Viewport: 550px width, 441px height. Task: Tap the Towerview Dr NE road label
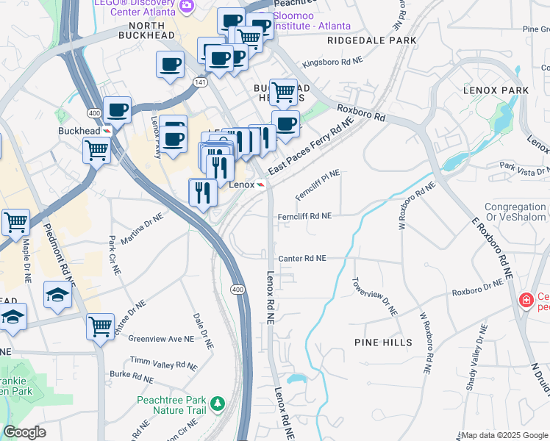(x=375, y=296)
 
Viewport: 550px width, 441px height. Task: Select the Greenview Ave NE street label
(x=161, y=339)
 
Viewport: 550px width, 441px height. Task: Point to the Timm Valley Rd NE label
(x=165, y=365)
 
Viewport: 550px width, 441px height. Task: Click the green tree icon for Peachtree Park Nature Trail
(x=217, y=404)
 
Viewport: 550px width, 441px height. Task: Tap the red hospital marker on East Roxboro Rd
(x=526, y=301)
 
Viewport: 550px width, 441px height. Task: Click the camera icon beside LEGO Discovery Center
(x=186, y=5)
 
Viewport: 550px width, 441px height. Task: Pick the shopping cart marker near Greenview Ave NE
(x=100, y=326)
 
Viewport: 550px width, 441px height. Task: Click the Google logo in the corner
(x=24, y=432)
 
